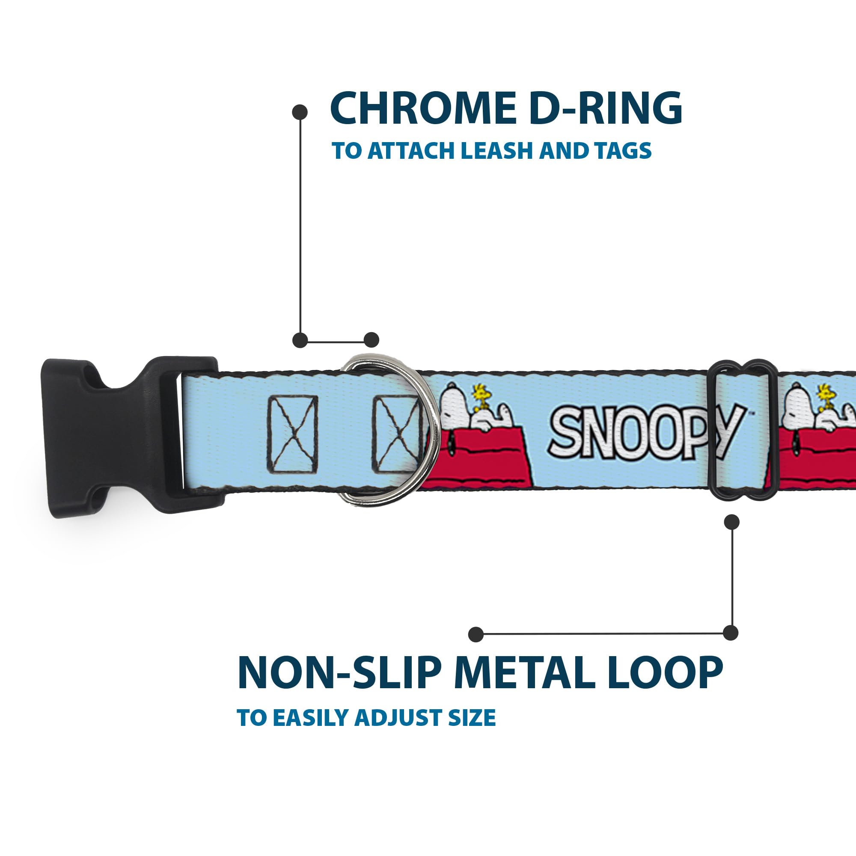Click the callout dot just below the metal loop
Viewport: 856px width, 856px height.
(x=731, y=522)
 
